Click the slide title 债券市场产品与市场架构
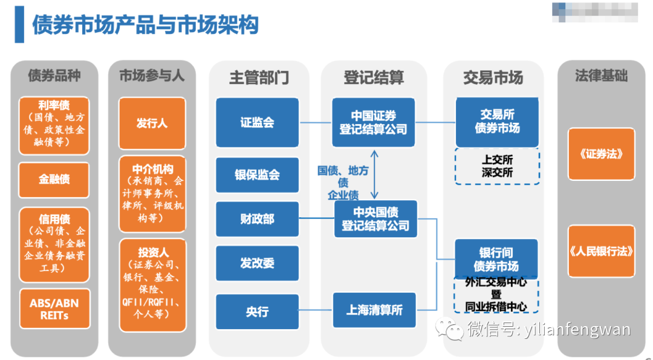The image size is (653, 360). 145,25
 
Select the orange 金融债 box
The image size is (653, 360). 54,180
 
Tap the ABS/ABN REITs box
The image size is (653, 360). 54,309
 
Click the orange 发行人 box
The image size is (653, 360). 152,123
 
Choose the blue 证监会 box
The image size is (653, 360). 257,122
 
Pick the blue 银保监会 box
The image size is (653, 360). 257,175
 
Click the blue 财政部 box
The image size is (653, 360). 257,219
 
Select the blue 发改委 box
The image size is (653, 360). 257,263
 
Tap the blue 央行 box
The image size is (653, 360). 257,312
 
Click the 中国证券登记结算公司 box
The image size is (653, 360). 373,122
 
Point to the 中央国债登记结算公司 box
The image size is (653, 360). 375,219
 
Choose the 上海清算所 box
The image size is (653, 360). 374,310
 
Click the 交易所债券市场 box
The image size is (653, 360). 496,122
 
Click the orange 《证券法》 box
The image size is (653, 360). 601,154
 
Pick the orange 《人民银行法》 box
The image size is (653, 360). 601,251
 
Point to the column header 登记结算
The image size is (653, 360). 373,77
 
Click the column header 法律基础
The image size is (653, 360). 601,76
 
